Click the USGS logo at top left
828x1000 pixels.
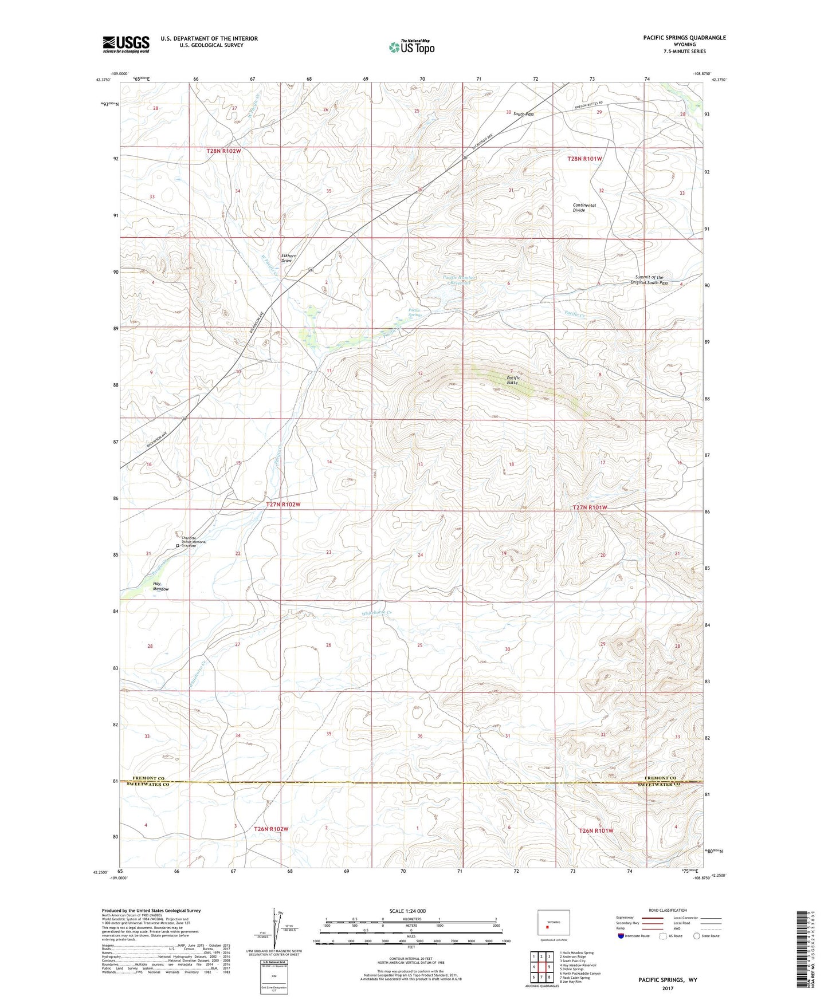pos(126,44)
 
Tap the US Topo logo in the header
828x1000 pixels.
pos(411,47)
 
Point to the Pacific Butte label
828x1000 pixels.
pos(513,380)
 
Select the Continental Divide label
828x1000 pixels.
pos(584,207)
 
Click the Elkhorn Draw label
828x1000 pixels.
pos(287,258)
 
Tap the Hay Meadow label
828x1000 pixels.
pos(160,586)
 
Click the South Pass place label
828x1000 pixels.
pos(523,114)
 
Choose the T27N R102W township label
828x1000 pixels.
pos(283,505)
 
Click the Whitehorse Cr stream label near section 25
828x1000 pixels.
pos(379,613)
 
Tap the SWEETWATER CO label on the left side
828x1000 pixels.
pos(151,785)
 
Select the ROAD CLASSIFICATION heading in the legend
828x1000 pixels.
pos(668,910)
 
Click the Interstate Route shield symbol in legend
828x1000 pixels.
pos(622,936)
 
